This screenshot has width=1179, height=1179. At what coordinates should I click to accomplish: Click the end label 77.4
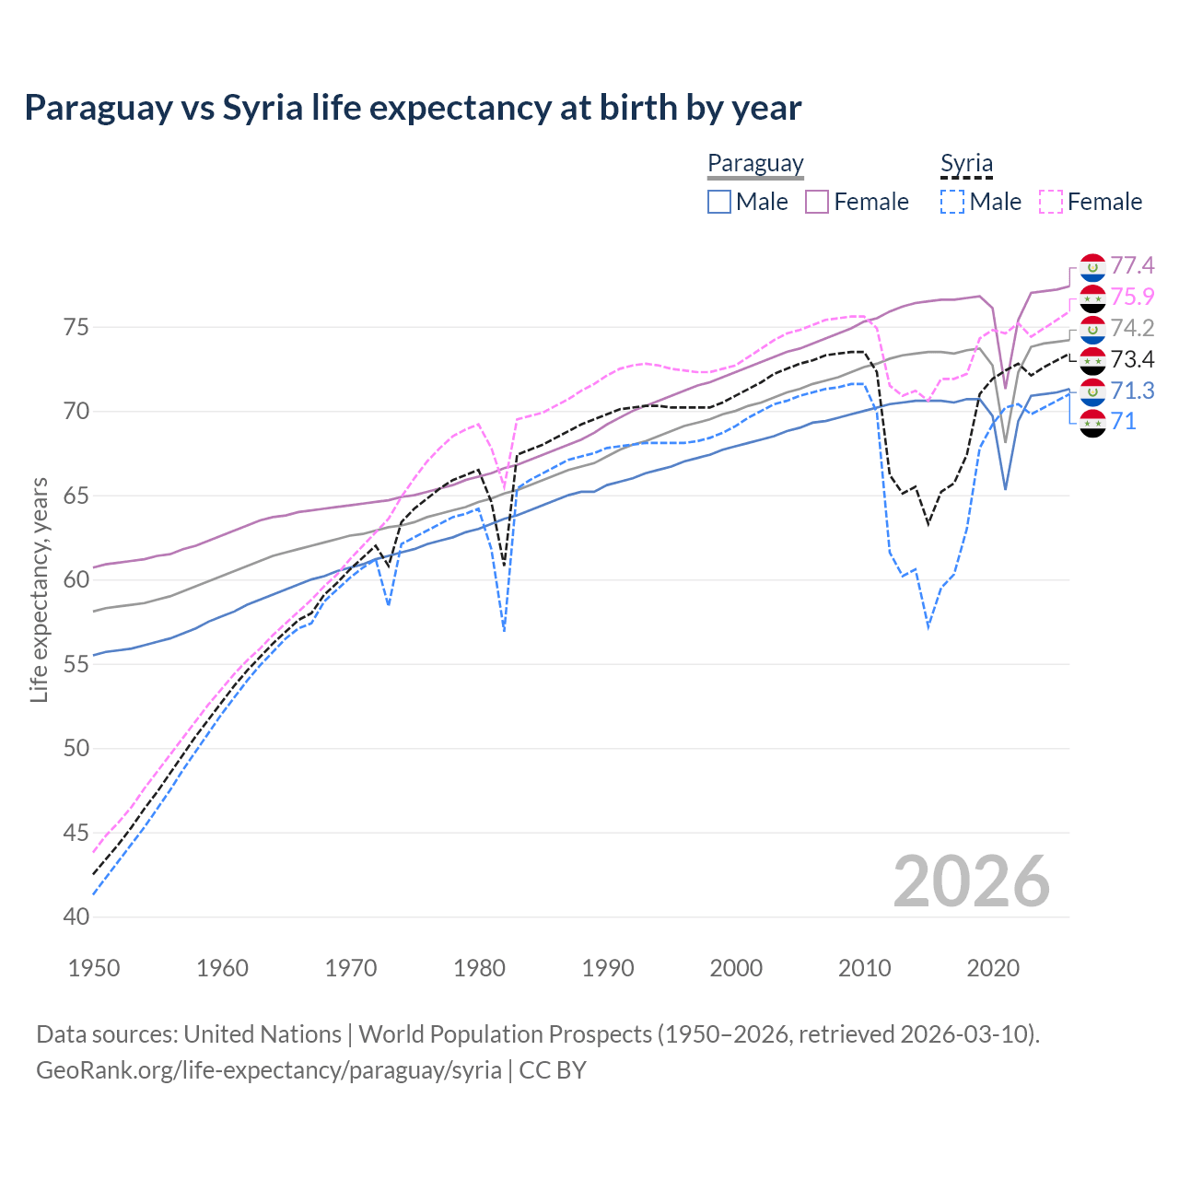click(x=1131, y=266)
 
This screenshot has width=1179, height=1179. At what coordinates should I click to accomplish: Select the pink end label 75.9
click(x=1131, y=297)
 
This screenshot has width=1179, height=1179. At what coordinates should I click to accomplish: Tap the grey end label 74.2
click(x=1131, y=328)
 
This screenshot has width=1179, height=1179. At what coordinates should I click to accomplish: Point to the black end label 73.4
click(x=1131, y=359)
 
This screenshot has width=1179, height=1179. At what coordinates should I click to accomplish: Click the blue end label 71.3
click(x=1131, y=391)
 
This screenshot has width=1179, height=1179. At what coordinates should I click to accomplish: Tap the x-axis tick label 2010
click(x=864, y=968)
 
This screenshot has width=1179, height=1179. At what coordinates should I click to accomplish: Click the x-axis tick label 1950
click(x=94, y=968)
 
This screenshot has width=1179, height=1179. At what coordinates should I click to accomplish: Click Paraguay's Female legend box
click(x=817, y=202)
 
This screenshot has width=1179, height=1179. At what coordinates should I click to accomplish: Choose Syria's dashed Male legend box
click(x=952, y=202)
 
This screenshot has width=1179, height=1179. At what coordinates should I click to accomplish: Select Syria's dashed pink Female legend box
click(x=1051, y=202)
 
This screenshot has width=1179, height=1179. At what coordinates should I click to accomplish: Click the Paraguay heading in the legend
click(x=755, y=163)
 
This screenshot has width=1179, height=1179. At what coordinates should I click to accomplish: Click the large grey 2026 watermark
click(x=971, y=882)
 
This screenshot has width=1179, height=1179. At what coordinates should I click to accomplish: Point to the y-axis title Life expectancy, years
click(x=40, y=589)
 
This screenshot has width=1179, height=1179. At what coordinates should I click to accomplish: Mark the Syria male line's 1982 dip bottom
click(x=504, y=631)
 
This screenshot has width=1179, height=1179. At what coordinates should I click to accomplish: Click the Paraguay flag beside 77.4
click(x=1091, y=266)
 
